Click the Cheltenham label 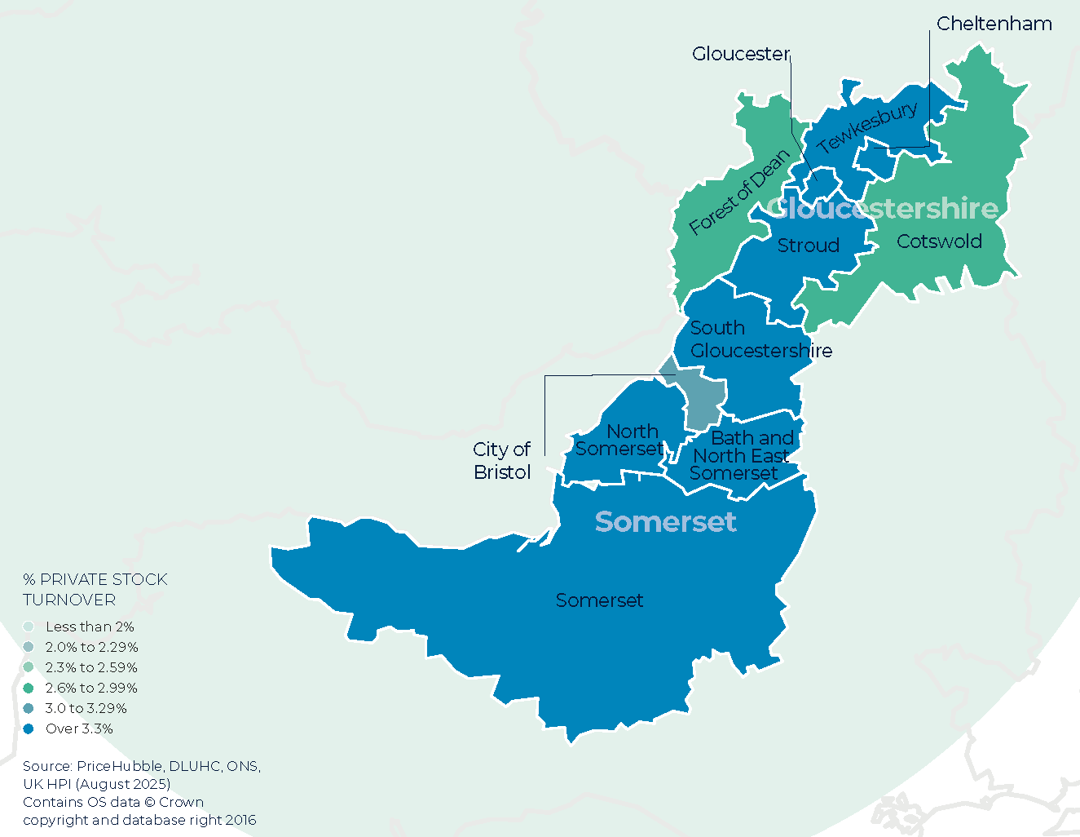pos(994,24)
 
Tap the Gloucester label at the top pos(740,54)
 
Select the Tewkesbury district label pos(867,127)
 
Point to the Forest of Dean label pos(739,193)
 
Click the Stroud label pos(808,246)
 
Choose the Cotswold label pos(939,241)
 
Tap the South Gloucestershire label pos(760,339)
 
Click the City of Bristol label pos(502,461)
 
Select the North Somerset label pos(620,440)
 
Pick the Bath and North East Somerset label pos(741,456)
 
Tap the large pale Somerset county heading pos(665,522)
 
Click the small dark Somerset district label pos(599,600)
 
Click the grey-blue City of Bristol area pos(702,400)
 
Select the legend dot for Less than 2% pos(29,627)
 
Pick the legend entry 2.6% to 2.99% pos(91,688)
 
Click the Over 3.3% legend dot pos(29,728)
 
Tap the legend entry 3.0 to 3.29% pos(86,708)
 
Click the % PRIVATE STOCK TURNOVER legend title pos(95,589)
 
